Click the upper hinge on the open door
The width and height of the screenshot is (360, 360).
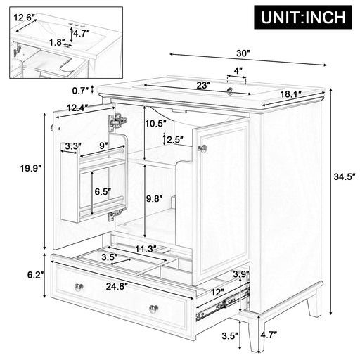click(117, 122)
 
